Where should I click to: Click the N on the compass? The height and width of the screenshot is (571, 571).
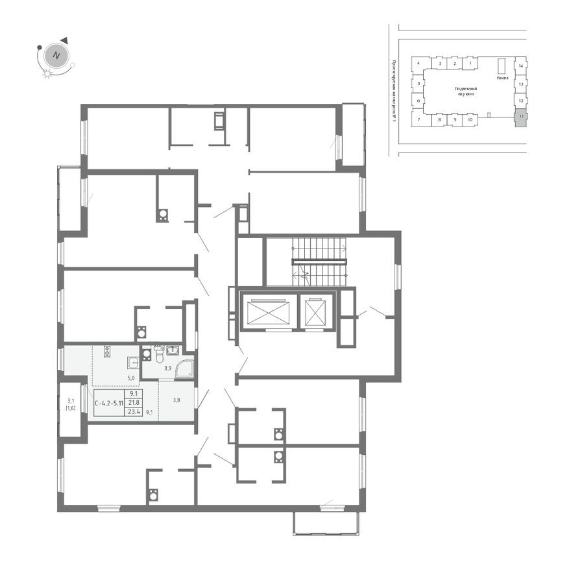tap(56, 55)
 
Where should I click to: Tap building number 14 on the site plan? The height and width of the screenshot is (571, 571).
tap(520, 66)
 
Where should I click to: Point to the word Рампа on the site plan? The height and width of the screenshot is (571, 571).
tap(502, 78)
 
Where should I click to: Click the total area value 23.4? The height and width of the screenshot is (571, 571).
tap(135, 411)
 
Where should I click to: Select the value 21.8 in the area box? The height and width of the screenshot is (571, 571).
tap(135, 402)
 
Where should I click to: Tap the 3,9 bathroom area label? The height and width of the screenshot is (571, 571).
tap(167, 367)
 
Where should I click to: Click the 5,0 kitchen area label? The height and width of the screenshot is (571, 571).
tap(130, 377)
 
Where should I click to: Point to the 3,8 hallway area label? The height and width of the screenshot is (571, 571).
tap(176, 400)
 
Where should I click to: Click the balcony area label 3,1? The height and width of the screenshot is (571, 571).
tap(71, 400)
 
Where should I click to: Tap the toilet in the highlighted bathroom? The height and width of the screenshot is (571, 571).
tap(158, 354)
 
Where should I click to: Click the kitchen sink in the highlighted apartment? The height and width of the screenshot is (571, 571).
tap(133, 363)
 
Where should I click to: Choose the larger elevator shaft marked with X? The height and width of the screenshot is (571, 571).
tap(268, 312)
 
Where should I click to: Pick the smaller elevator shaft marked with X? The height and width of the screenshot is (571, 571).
tap(315, 313)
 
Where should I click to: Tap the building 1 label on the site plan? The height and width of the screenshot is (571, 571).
tap(470, 64)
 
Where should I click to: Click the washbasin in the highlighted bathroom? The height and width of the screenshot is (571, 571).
tap(173, 351)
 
